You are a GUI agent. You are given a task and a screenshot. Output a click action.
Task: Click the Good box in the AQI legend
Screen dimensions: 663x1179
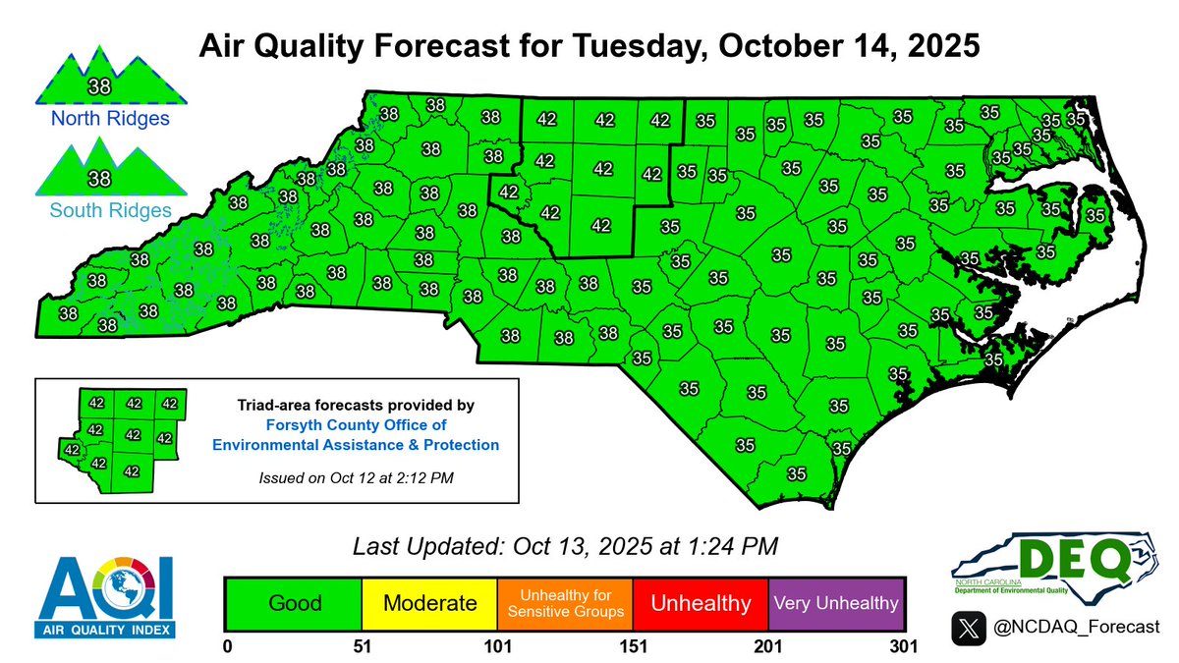click(x=294, y=602)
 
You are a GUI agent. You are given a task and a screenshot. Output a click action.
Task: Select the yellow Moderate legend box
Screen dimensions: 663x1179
click(x=429, y=602)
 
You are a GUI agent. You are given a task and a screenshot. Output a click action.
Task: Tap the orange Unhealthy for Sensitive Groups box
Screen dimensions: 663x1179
click(x=565, y=602)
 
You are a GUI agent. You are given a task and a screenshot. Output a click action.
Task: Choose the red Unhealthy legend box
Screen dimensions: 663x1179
click(x=701, y=602)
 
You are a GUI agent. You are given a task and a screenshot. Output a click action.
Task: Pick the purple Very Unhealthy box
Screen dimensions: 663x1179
click(x=835, y=602)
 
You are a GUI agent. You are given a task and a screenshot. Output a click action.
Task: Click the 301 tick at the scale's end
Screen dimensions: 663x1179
click(x=901, y=646)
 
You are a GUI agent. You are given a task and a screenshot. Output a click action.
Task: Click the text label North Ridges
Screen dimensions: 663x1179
click(x=97, y=119)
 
